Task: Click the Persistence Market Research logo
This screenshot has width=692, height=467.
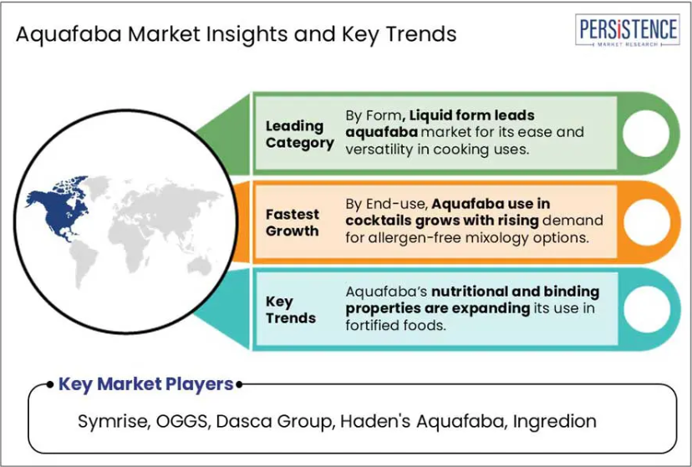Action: tap(627, 30)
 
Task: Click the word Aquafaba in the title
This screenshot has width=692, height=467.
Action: tap(69, 35)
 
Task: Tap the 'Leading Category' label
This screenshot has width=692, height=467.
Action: tap(300, 135)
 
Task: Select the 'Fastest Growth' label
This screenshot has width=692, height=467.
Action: tap(293, 222)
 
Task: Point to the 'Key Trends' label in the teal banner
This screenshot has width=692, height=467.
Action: tap(290, 310)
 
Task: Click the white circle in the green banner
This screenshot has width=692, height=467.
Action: tap(646, 133)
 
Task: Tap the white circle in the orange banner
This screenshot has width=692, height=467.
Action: tap(647, 222)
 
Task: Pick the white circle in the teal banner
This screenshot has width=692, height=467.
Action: tap(647, 309)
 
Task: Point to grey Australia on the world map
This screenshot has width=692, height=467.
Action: tap(200, 266)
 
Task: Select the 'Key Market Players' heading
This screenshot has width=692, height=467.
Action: tap(145, 384)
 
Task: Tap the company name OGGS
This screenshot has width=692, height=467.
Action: tap(182, 421)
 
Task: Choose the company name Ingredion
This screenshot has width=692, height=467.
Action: tap(554, 422)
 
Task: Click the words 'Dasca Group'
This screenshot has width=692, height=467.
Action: tap(273, 422)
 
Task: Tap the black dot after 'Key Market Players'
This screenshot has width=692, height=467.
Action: tap(239, 384)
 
